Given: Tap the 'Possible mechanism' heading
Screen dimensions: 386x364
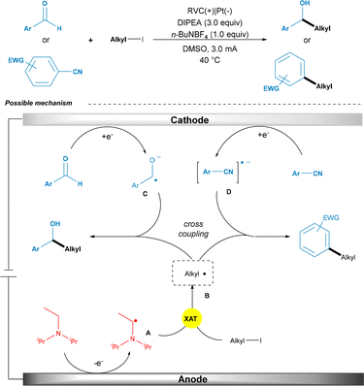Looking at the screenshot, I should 37,102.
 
